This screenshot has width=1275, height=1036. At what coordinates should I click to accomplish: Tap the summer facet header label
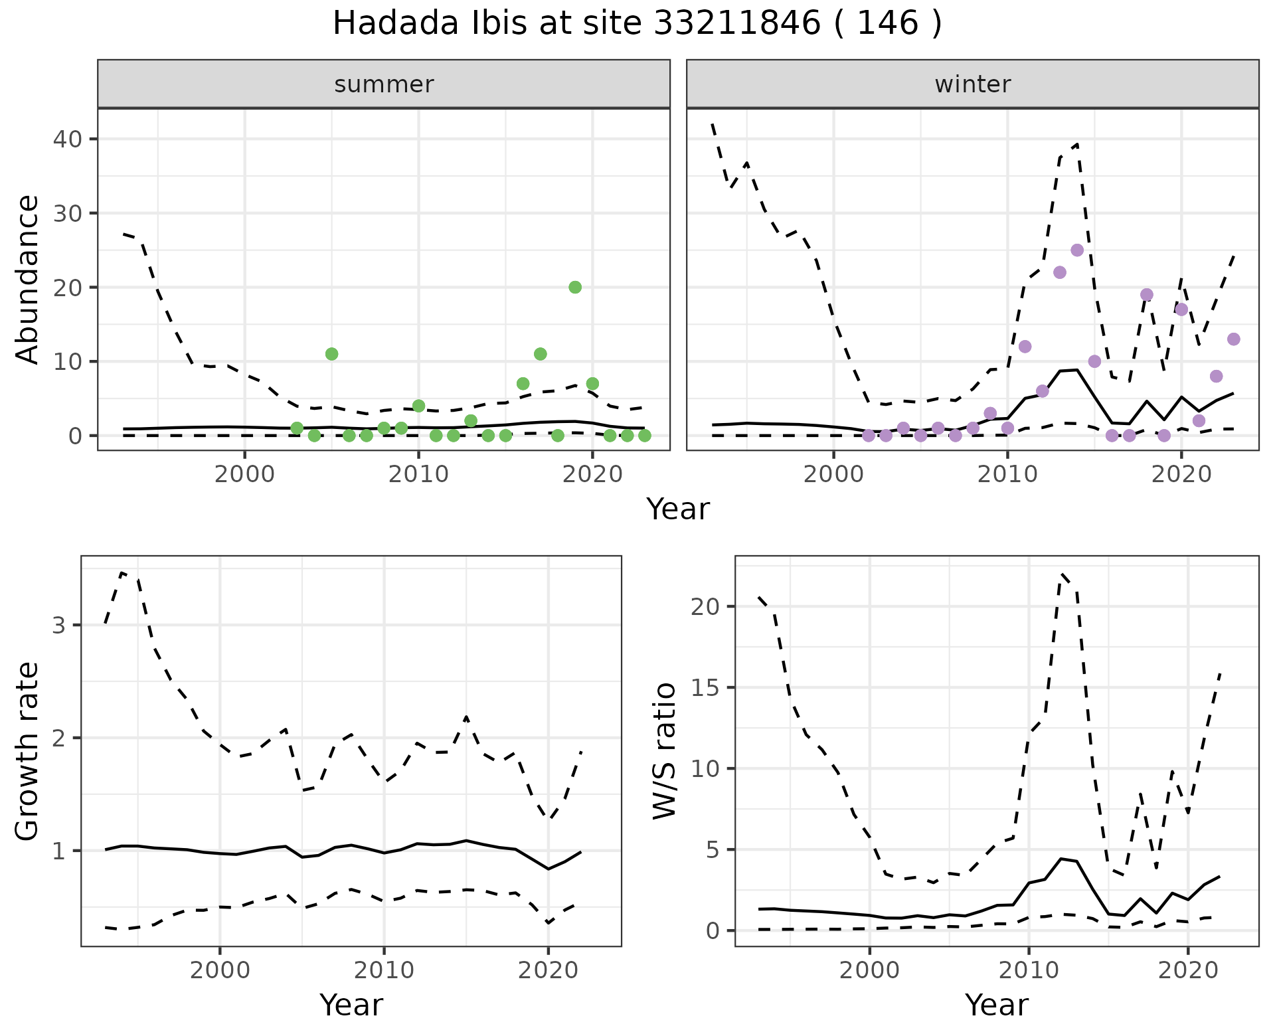tap(384, 84)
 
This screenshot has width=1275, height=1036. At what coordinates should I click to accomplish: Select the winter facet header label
tap(972, 84)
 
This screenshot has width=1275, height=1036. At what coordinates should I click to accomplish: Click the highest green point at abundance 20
tap(575, 287)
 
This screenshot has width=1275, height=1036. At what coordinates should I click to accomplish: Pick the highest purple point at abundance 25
tap(1077, 250)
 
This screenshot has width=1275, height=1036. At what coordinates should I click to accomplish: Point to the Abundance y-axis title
tap(28, 280)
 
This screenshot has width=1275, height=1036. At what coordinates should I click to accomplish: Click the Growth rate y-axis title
tap(28, 751)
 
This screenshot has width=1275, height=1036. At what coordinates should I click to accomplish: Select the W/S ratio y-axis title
tap(665, 751)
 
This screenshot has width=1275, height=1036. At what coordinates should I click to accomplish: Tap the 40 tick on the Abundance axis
tap(72, 139)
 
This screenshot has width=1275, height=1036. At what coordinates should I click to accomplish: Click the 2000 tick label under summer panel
tap(244, 475)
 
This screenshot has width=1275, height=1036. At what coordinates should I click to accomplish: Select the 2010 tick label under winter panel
tap(1007, 475)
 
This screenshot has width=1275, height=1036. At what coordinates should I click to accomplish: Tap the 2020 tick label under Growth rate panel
tap(548, 970)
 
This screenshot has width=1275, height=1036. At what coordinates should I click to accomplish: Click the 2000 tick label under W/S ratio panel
tap(869, 970)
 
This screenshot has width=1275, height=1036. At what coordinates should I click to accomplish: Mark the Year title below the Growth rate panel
tap(351, 1005)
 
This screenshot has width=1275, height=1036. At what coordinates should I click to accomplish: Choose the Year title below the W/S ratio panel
tap(997, 1005)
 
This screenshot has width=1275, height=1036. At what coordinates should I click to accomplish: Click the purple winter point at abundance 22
tap(1060, 272)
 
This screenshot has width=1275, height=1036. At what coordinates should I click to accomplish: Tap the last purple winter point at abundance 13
tap(1234, 339)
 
